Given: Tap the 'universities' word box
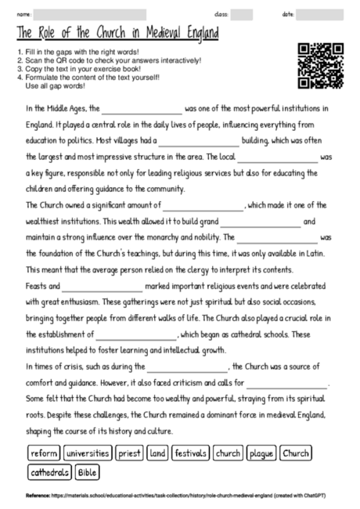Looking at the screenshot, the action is (88, 453).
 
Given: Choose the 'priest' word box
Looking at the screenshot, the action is (128, 453).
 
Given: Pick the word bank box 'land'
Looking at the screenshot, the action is (157, 453).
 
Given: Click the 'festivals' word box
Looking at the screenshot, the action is (190, 453).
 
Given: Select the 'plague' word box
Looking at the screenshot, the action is (261, 453).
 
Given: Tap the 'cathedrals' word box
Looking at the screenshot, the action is (49, 472).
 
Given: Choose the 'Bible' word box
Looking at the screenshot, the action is (88, 472).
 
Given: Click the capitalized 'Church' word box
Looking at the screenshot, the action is (296, 453).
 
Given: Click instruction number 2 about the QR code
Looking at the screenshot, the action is (110, 60).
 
